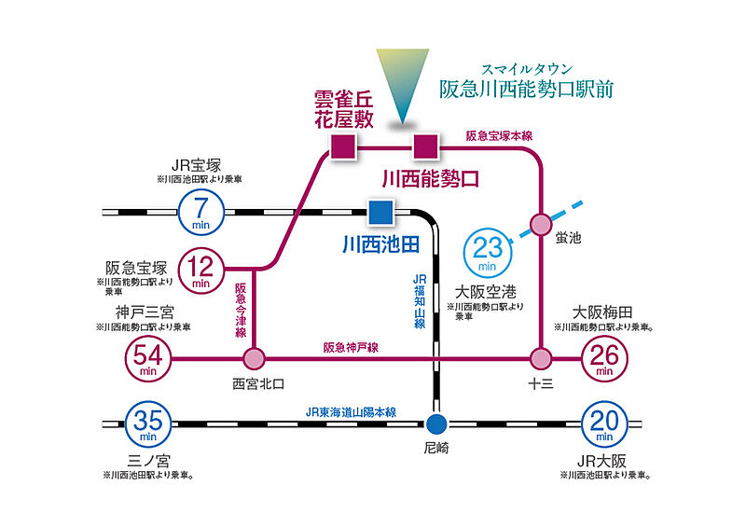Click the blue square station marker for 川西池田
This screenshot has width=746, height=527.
click(380, 213)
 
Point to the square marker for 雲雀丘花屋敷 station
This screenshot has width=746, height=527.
click(342, 146)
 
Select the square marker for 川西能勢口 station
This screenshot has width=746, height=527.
click(425, 146)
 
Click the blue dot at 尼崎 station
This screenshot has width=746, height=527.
click(435, 423)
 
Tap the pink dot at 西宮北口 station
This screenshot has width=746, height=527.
click(254, 358)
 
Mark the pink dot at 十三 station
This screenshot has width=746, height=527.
click(541, 358)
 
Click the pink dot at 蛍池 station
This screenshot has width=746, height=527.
click(541, 224)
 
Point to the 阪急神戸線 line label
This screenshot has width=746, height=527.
click(352, 347)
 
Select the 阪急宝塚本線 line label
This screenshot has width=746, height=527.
click(500, 136)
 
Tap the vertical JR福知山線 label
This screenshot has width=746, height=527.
click(420, 300)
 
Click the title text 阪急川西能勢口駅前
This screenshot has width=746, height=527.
click(527, 90)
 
